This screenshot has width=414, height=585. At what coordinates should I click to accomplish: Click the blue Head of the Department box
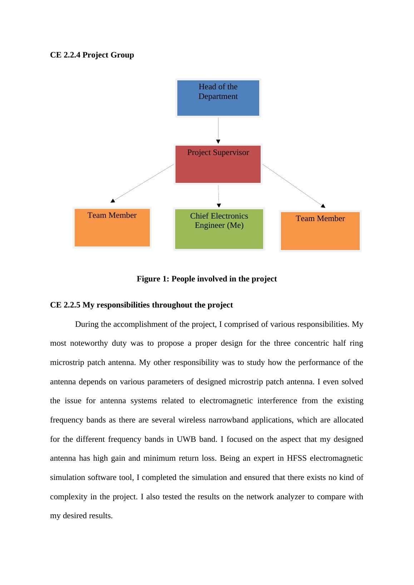(218, 98)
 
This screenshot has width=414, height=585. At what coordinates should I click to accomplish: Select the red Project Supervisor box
(218, 164)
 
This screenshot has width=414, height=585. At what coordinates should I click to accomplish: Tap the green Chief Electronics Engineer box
(219, 229)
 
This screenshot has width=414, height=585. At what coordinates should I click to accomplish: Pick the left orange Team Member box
(112, 227)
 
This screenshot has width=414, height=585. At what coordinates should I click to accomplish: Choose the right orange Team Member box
(320, 231)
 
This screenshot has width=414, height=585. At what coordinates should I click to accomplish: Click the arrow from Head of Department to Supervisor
(218, 130)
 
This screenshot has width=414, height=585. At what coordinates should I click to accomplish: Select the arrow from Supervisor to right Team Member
(293, 185)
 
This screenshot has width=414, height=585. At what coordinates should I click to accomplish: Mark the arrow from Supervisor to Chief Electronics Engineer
(218, 196)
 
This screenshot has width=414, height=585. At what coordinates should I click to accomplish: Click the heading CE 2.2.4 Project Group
(92, 55)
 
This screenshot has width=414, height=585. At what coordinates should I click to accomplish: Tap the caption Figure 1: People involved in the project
(207, 279)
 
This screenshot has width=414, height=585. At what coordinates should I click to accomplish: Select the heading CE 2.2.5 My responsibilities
(141, 305)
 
